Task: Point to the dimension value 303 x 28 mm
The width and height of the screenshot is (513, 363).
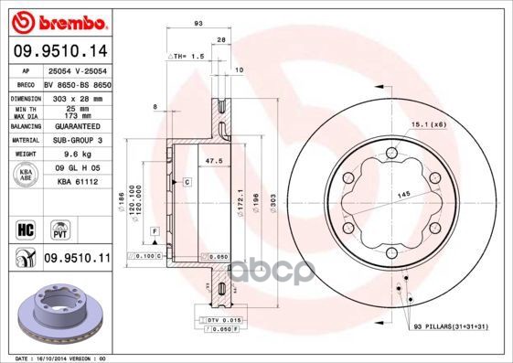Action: (x=77, y=96)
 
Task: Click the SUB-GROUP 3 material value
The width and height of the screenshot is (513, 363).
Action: (x=77, y=140)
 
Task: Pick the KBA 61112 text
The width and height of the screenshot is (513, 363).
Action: (x=77, y=183)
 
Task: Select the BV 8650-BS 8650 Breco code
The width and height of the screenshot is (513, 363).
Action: (x=77, y=82)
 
